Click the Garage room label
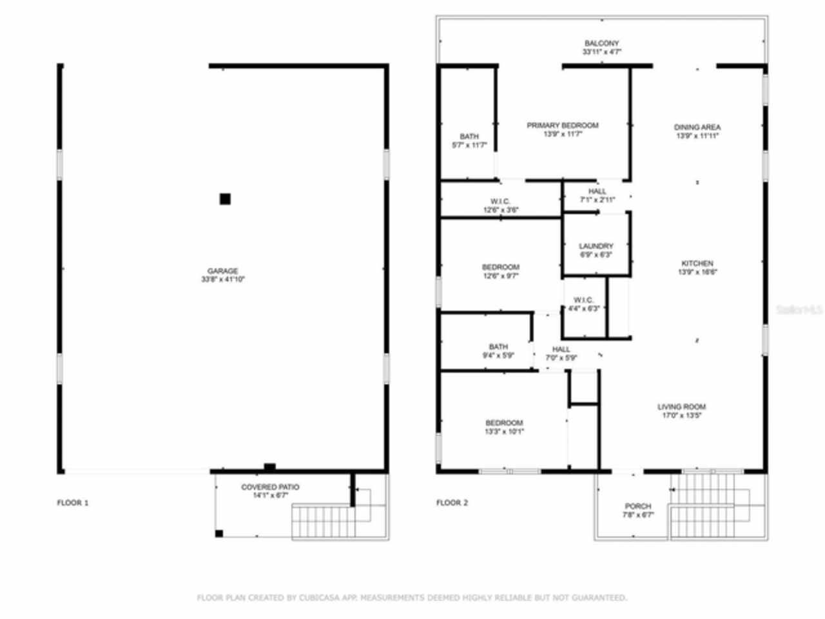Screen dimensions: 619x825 click(x=222, y=275)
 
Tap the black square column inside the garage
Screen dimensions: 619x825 click(x=225, y=199)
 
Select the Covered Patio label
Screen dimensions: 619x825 click(x=270, y=491)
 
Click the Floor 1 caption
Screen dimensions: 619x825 click(x=73, y=503)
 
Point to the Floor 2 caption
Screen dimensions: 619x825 click(x=452, y=503)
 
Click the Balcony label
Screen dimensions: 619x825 click(x=601, y=47)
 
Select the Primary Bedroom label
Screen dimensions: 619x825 click(x=562, y=130)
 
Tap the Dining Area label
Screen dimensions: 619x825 click(x=697, y=132)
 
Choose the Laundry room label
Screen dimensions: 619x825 click(x=596, y=250)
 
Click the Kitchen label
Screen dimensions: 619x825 click(x=697, y=268)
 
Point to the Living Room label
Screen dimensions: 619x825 click(x=681, y=411)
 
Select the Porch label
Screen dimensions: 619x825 click(x=637, y=510)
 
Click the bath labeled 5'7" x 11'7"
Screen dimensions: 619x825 click(x=469, y=141)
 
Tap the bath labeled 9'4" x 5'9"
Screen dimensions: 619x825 click(x=498, y=351)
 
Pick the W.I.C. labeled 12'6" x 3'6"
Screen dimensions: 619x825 click(x=500, y=206)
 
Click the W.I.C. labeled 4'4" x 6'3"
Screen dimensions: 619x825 click(x=583, y=304)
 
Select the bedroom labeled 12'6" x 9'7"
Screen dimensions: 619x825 click(x=500, y=271)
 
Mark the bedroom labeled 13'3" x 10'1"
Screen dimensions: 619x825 click(x=504, y=427)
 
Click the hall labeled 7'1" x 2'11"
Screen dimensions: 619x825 click(x=597, y=195)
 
